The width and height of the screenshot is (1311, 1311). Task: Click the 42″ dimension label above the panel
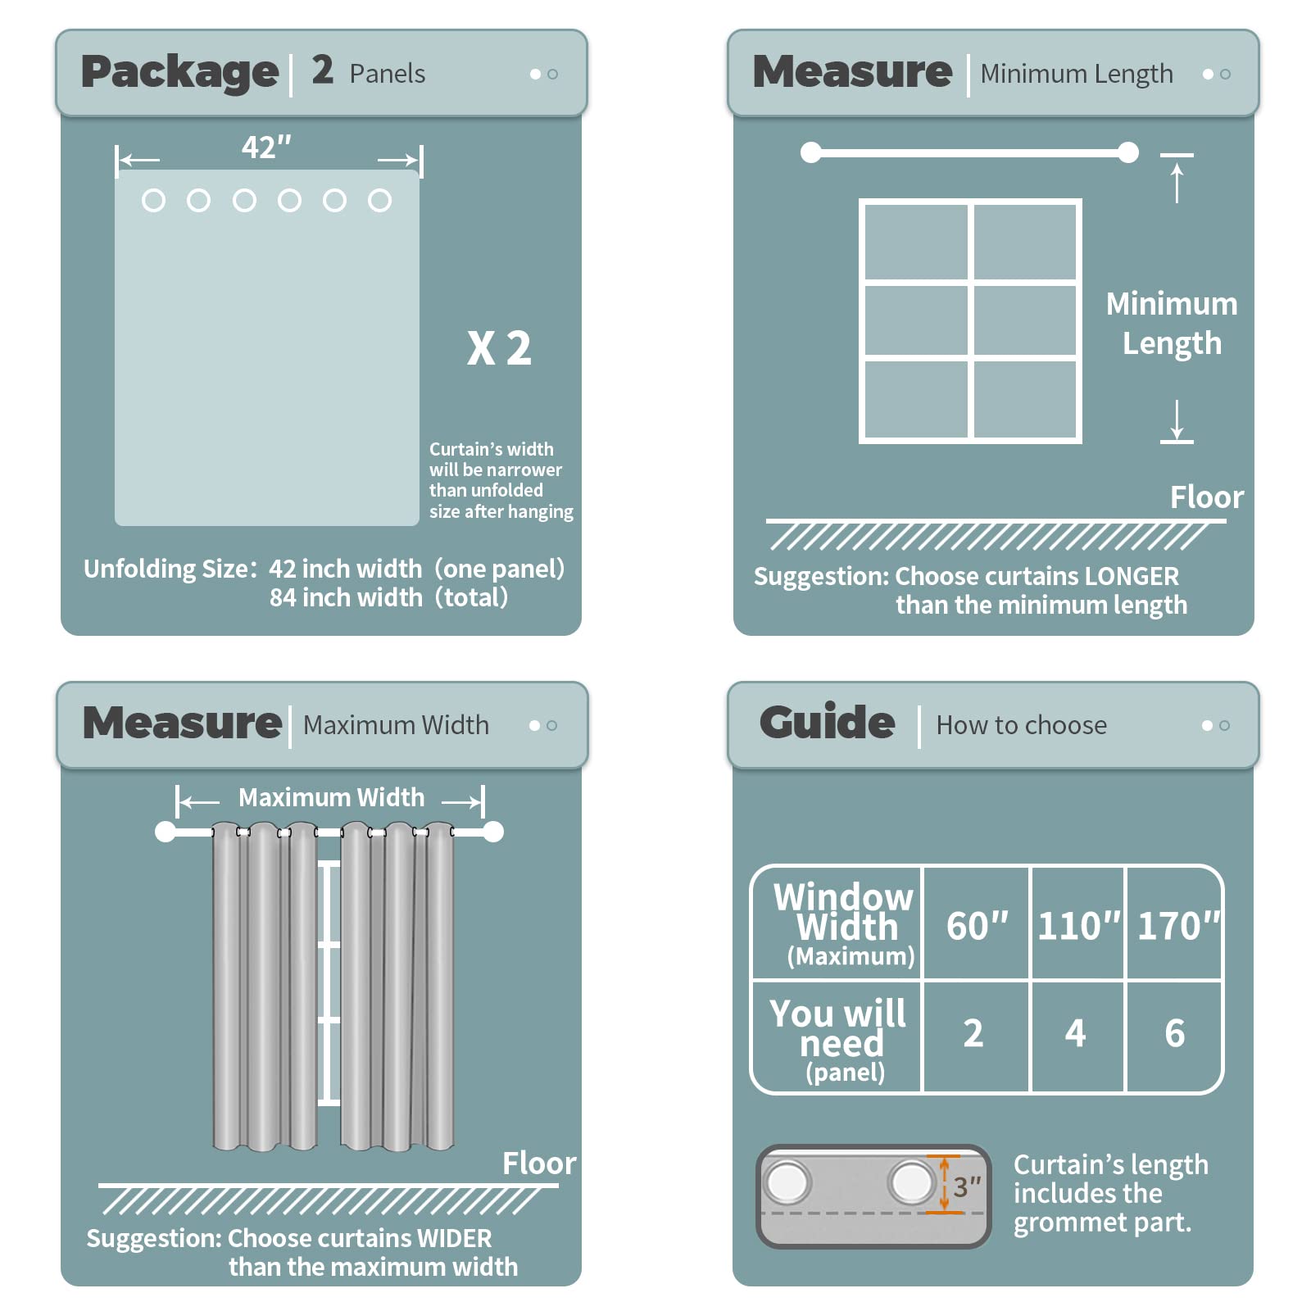point(266,147)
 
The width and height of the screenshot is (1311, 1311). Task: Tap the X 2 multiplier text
point(499,348)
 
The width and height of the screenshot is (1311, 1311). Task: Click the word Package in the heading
point(180,73)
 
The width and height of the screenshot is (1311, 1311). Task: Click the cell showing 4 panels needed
point(1075,1033)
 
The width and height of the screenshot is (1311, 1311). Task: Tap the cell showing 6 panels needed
point(1175,1033)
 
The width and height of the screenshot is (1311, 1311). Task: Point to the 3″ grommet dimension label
point(967,1186)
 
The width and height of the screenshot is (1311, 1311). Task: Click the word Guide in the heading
point(828,722)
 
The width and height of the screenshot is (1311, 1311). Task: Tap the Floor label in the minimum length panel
point(1207,497)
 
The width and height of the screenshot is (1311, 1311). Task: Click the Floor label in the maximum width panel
point(539,1164)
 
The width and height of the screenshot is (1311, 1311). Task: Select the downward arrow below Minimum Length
point(1177,420)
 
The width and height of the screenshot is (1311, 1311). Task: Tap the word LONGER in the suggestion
point(1132,576)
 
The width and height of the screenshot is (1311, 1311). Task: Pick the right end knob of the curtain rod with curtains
point(493,832)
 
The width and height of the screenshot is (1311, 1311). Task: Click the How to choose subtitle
point(1021,725)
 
